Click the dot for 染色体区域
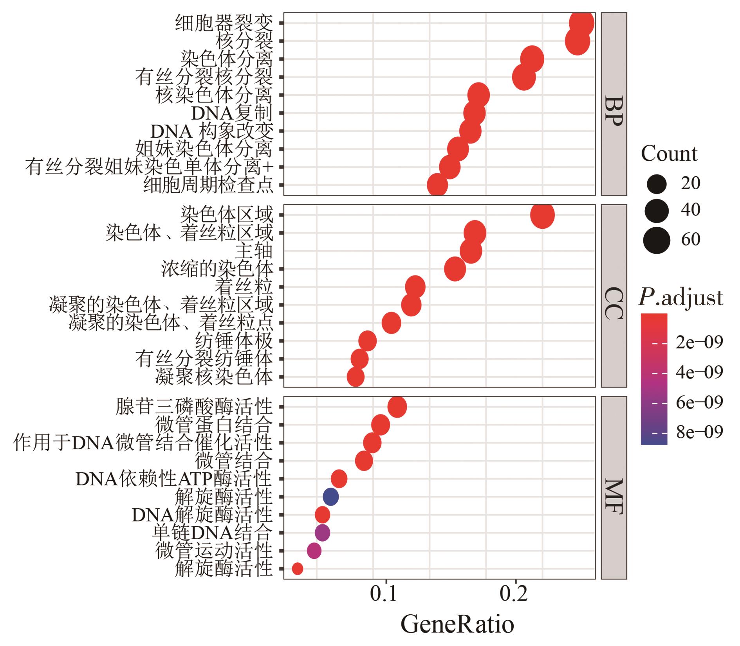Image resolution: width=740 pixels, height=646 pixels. (542, 215)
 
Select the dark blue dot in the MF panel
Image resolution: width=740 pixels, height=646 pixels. (330, 497)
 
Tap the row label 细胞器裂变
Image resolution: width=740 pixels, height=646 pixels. (224, 23)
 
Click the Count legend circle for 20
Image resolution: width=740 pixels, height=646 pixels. (657, 184)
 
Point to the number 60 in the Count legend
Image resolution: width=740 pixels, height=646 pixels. (691, 239)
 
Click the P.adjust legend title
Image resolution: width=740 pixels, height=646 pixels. (681, 298)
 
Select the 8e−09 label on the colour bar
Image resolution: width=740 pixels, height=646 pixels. (699, 432)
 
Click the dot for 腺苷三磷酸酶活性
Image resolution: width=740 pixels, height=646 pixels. (397, 407)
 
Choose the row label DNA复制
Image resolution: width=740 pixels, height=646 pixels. (231, 113)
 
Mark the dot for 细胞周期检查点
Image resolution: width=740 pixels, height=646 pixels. (437, 186)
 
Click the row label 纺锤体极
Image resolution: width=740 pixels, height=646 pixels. (234, 341)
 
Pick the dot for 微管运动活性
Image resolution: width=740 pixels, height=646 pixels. (314, 551)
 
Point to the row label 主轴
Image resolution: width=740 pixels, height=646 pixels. (254, 251)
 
